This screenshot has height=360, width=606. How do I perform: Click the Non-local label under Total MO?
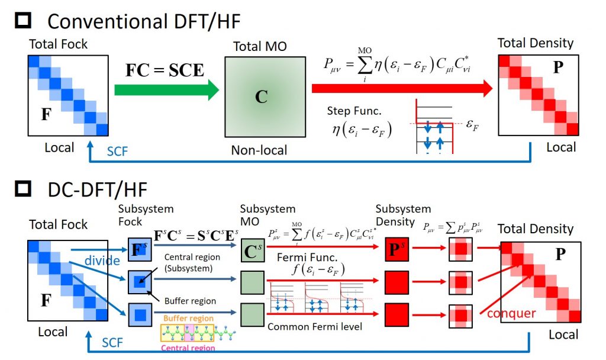click(259, 150)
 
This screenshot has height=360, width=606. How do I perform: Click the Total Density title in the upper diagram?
click(535, 43)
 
